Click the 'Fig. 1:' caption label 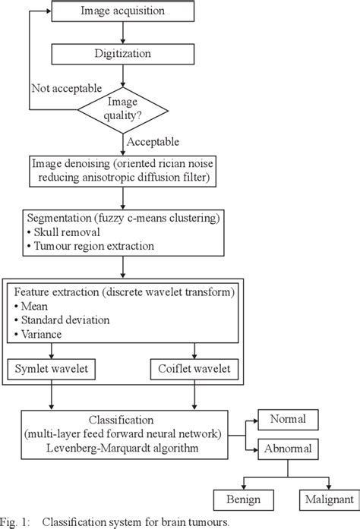click(16, 522)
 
